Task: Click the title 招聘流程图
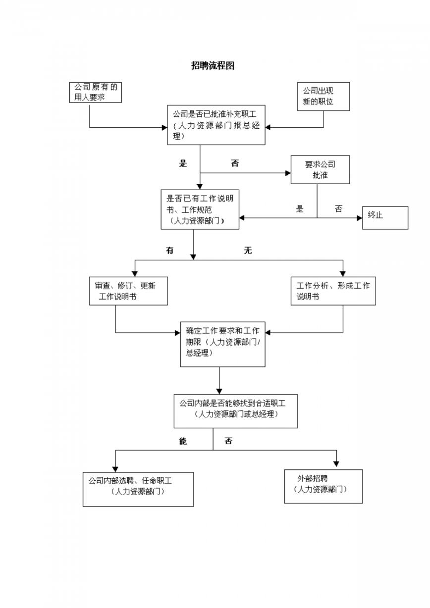[213, 66]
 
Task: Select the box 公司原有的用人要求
[95, 93]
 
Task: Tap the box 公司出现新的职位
[323, 97]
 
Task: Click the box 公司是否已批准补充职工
[216, 125]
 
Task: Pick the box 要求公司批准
[320, 170]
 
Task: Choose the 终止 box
[385, 218]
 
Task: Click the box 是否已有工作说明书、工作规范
[200, 209]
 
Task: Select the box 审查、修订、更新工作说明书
[128, 291]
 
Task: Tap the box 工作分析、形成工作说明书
[333, 291]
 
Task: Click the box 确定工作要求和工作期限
[223, 345]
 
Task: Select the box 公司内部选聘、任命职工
[138, 489]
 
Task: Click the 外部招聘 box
[323, 486]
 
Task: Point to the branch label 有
[170, 250]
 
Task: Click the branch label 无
[248, 250]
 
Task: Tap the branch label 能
[183, 441]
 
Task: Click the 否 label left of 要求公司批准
[235, 163]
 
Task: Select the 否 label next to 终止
[338, 208]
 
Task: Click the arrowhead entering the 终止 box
[360, 218]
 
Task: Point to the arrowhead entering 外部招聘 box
[336, 464]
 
